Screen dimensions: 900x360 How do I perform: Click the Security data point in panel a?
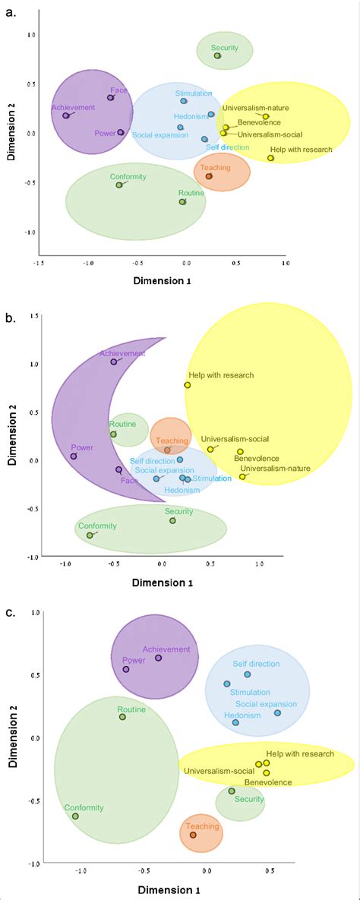(217, 55)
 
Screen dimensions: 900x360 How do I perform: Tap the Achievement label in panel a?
(73, 107)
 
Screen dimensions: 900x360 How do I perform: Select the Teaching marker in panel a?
(209, 176)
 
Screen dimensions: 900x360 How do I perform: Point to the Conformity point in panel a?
(119, 185)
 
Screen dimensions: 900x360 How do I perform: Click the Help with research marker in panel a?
(270, 158)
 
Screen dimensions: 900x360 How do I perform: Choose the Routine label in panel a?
(191, 193)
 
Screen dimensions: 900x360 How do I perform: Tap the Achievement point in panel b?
(114, 362)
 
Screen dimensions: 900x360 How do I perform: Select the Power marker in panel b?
(74, 456)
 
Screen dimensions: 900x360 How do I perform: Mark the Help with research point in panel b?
(188, 384)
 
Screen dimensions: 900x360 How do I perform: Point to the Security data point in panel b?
(172, 520)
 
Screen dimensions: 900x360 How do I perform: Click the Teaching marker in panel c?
(193, 835)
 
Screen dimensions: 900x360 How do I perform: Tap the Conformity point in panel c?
(75, 816)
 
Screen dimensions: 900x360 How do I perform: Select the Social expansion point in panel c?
(277, 712)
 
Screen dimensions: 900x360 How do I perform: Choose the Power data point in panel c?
(126, 669)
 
